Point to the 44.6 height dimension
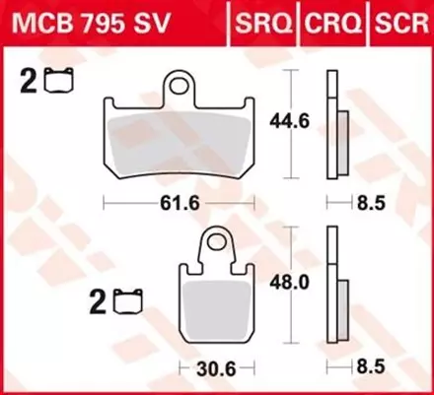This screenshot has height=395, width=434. [290, 122]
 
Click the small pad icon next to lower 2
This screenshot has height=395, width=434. [127, 296]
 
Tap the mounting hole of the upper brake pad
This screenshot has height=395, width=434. [181, 87]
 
